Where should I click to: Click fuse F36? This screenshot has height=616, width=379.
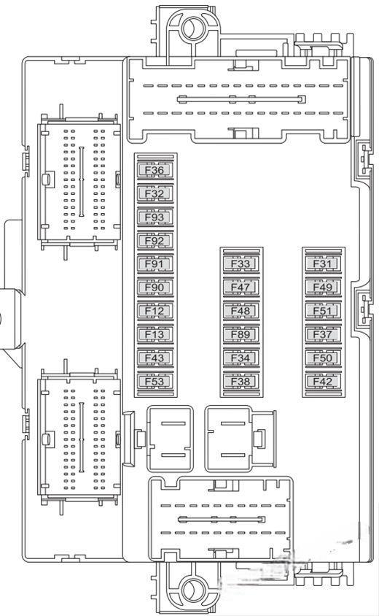pyautogui.click(x=155, y=170)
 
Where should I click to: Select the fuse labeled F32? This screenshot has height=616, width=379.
pyautogui.click(x=155, y=193)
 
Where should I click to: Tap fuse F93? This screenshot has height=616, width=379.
pyautogui.click(x=155, y=217)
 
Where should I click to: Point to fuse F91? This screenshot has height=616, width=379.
pyautogui.click(x=155, y=263)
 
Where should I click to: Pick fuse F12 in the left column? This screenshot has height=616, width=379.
pyautogui.click(x=155, y=311)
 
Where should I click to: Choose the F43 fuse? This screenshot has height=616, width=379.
pyautogui.click(x=155, y=358)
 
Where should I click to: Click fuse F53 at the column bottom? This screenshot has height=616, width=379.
pyautogui.click(x=155, y=382)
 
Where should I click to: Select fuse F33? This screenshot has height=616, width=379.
pyautogui.click(x=241, y=263)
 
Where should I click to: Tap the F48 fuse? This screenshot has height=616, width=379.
pyautogui.click(x=241, y=311)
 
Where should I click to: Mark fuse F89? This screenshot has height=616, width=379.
pyautogui.click(x=241, y=334)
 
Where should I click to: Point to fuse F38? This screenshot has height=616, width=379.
pyautogui.click(x=241, y=382)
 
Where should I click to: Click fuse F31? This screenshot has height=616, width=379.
pyautogui.click(x=324, y=263)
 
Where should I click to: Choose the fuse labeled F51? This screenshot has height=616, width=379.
pyautogui.click(x=324, y=311)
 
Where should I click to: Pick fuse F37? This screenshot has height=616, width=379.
pyautogui.click(x=324, y=334)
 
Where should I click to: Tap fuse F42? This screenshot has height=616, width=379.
pyautogui.click(x=324, y=382)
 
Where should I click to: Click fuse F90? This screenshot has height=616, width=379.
pyautogui.click(x=155, y=287)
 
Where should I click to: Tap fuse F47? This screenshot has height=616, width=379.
pyautogui.click(x=241, y=287)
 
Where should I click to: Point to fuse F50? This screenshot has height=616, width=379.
pyautogui.click(x=324, y=358)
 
